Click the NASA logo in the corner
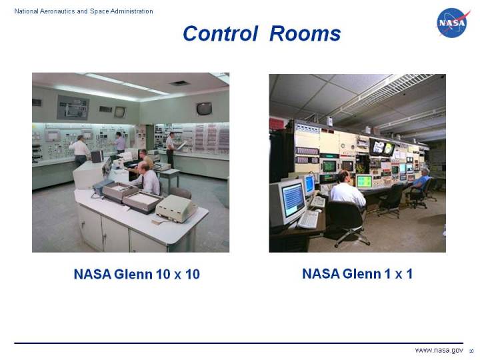pyautogui.click(x=453, y=23)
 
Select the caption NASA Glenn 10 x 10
pyautogui.click(x=137, y=274)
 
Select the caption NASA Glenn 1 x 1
pyautogui.click(x=357, y=273)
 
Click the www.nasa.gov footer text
pyautogui.click(x=439, y=350)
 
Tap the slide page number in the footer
pyautogui.click(x=471, y=351)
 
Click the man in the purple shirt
pyautogui.click(x=119, y=142)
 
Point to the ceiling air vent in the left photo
pyautogui.click(x=179, y=84)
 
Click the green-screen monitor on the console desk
pyautogui.click(x=364, y=181)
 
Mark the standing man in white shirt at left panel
pyautogui.click(x=81, y=150)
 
